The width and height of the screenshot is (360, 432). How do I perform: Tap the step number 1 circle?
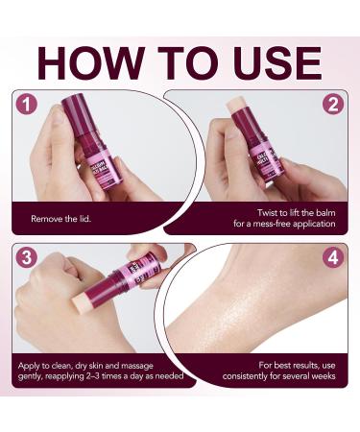[x=27, y=104]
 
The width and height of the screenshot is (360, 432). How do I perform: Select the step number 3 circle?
[x=27, y=258]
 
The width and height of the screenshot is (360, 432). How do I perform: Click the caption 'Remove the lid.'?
[x=60, y=219]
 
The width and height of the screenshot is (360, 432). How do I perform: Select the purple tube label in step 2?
[x=269, y=158]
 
